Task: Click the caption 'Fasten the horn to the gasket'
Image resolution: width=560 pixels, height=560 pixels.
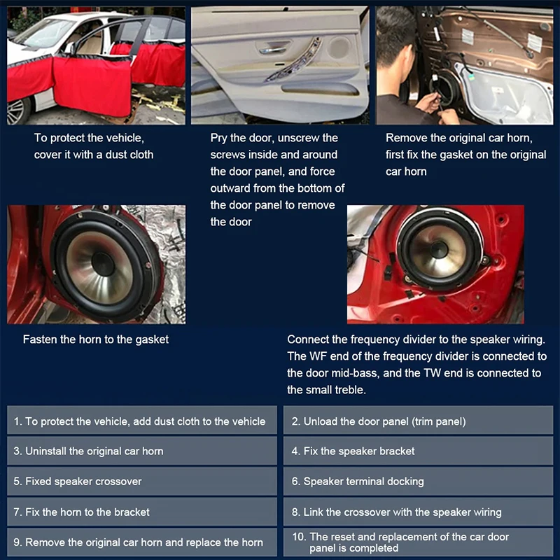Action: point(96,339)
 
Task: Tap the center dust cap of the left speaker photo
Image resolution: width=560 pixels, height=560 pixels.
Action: point(102,264)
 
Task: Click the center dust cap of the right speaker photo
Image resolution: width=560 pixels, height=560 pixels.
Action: point(439,249)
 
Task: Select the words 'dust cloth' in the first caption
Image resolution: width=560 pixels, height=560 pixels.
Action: point(128,155)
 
